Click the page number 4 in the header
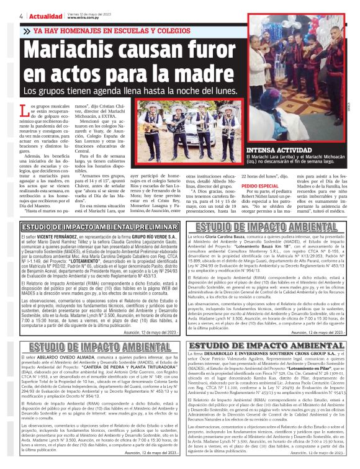click(4, 16)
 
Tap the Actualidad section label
click(27, 16)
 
